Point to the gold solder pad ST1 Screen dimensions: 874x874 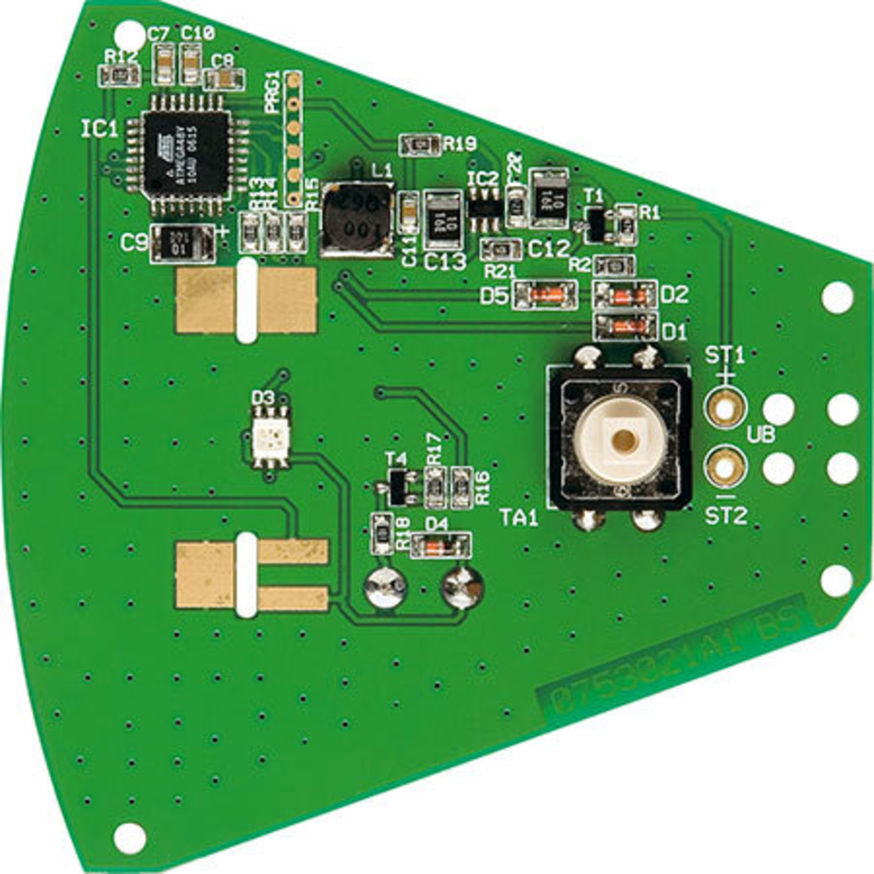(x=724, y=407)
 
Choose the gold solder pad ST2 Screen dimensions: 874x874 (x=724, y=468)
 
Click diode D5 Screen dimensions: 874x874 (x=545, y=296)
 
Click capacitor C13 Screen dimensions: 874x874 (x=443, y=218)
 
